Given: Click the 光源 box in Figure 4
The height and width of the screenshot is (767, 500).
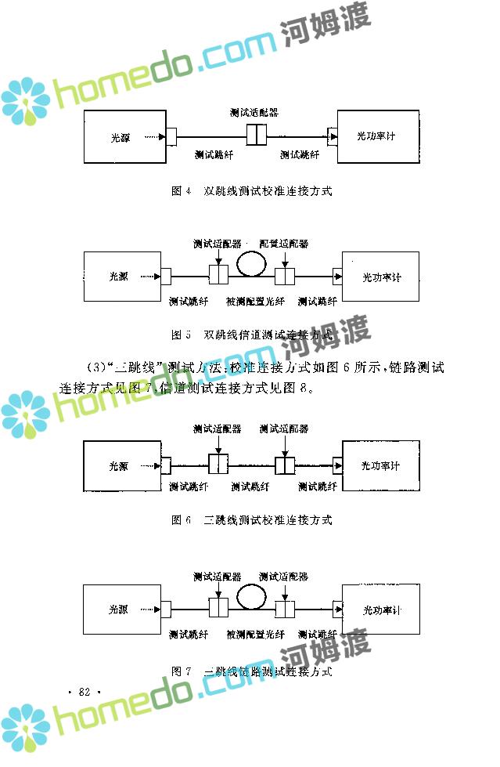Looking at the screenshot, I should click(124, 136).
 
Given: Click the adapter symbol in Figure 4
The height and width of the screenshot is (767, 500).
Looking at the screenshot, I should click(257, 136).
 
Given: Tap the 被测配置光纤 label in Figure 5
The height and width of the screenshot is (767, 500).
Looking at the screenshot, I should click(255, 301).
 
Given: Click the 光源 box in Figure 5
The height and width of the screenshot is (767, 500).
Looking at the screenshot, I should click(121, 276).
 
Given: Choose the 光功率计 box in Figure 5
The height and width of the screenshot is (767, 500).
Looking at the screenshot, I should click(381, 277).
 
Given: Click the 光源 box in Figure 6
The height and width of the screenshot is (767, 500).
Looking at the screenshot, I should click(121, 465).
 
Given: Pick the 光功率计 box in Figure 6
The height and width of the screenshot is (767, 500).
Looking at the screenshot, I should click(381, 465).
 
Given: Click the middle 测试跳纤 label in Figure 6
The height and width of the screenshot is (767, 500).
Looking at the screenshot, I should click(250, 487).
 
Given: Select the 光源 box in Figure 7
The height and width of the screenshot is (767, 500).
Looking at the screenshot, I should click(121, 609).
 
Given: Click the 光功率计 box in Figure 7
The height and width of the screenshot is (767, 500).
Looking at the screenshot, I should click(381, 609).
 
